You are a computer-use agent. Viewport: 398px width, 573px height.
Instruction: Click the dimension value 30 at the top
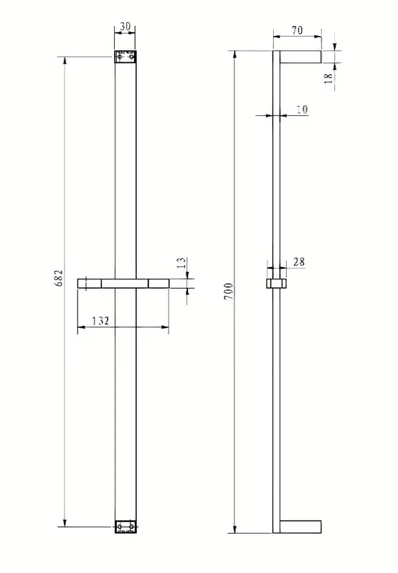tap(125, 27)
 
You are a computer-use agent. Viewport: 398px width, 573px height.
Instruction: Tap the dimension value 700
tap(228, 292)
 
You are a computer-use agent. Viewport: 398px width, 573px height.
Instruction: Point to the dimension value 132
tap(100, 321)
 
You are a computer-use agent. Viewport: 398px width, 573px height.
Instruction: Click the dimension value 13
tap(181, 264)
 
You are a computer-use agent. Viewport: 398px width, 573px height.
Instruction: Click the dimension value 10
tap(301, 110)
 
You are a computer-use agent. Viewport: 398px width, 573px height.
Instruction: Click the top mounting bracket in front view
tap(125, 56)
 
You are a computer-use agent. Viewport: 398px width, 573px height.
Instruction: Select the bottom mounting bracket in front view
tap(125, 526)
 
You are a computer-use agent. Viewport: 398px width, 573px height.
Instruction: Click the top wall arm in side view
tap(301, 57)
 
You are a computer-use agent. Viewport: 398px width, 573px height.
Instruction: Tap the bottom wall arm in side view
tap(301, 526)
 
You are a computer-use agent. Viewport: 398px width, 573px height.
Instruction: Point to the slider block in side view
tap(276, 284)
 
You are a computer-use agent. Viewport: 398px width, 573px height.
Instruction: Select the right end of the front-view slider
tap(159, 284)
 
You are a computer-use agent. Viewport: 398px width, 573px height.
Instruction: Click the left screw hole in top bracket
tap(120, 56)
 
